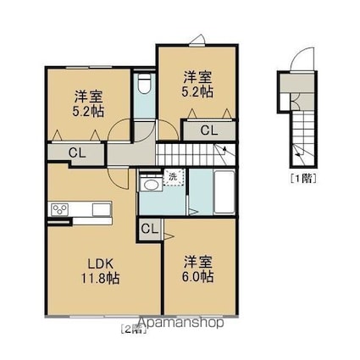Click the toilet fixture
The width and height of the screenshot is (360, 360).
[x=144, y=83]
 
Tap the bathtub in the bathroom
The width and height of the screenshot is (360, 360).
[x=224, y=191]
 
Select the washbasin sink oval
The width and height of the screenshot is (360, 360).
[x=151, y=185]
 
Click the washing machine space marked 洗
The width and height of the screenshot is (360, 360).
[x=173, y=177]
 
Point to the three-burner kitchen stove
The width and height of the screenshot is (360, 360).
[x=60, y=209]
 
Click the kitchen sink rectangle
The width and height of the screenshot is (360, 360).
[x=102, y=210]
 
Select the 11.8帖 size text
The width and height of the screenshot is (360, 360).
[x=101, y=279]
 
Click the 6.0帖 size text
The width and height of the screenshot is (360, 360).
[x=197, y=276]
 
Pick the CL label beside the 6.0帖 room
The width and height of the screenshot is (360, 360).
[x=149, y=229]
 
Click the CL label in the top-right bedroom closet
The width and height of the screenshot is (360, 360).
[x=209, y=130]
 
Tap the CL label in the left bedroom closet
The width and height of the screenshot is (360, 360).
[x=77, y=152]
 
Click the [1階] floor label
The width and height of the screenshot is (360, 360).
[x=303, y=179]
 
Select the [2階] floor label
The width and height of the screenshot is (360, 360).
[x=133, y=330]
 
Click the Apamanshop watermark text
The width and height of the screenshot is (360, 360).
[x=180, y=322]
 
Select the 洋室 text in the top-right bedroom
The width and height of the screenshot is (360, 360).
[x=197, y=77]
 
